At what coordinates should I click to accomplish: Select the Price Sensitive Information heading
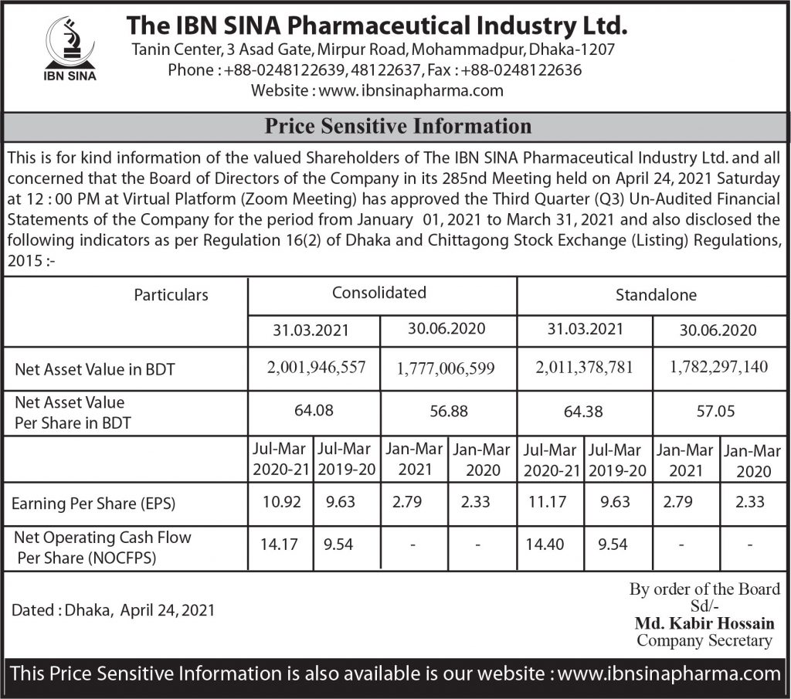click(x=398, y=126)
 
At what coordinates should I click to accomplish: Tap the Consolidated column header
click(x=379, y=293)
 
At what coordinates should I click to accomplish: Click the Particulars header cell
click(x=171, y=294)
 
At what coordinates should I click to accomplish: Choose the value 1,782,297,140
click(x=720, y=367)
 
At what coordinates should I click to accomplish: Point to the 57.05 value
click(x=717, y=412)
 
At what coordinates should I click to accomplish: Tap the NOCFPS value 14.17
click(x=279, y=545)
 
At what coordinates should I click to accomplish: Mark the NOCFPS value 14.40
click(x=544, y=545)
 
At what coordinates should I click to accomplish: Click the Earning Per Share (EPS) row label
click(x=93, y=504)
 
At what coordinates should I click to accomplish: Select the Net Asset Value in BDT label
click(x=94, y=369)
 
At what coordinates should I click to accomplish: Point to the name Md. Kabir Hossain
click(x=703, y=623)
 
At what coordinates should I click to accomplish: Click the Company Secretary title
click(x=704, y=640)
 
